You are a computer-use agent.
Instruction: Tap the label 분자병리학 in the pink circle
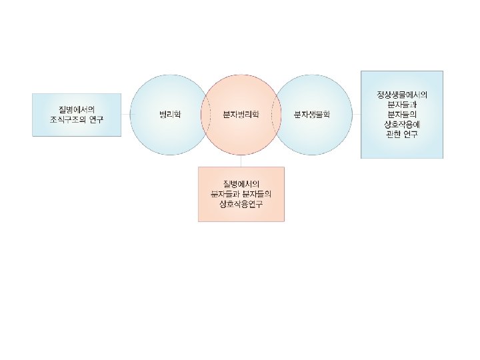[241, 115]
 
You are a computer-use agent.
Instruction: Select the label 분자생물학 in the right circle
[312, 115]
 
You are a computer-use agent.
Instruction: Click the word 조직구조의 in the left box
[67, 119]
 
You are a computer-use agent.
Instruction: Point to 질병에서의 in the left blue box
[77, 109]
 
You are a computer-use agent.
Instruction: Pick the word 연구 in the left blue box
[95, 119]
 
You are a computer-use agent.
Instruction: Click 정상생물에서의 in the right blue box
[401, 95]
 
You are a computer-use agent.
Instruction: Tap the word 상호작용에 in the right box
[401, 125]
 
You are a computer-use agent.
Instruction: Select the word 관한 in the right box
[392, 135]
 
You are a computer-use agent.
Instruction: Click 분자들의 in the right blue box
[401, 115]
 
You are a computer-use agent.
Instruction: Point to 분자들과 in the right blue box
[401, 105]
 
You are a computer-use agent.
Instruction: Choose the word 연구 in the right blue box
[411, 135]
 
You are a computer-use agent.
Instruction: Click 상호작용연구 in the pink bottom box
[241, 203]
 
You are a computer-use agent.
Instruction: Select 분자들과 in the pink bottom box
[224, 193]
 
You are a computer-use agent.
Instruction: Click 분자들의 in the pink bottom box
[257, 193]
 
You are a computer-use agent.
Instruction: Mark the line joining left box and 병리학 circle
[125, 115]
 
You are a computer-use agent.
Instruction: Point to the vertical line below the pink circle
[241, 160]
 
